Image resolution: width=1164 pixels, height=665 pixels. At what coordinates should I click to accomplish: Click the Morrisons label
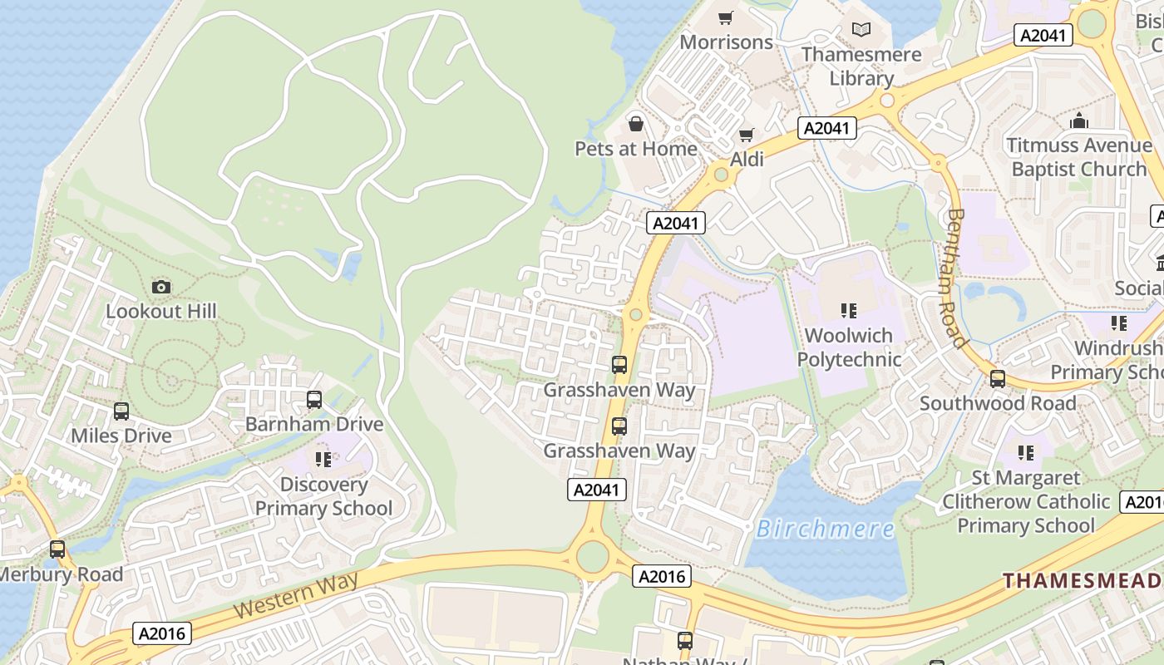click(x=726, y=42)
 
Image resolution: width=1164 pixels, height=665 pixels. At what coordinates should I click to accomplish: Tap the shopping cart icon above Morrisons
click(x=726, y=17)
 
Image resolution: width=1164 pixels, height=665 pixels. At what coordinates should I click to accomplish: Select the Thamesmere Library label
click(x=861, y=66)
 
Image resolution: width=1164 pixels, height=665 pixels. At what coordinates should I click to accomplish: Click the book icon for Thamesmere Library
click(x=861, y=30)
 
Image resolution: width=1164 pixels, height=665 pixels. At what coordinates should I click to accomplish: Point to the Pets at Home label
click(x=636, y=149)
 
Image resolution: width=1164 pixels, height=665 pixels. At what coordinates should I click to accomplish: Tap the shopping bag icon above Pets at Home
click(x=636, y=125)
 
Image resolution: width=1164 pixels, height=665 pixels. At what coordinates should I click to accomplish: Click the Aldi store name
click(x=747, y=159)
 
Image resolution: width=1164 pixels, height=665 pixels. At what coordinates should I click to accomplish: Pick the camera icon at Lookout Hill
click(x=161, y=288)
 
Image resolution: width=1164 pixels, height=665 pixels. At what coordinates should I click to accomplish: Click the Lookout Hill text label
click(x=161, y=312)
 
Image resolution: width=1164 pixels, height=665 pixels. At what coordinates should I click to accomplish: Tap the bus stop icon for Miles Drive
click(x=121, y=411)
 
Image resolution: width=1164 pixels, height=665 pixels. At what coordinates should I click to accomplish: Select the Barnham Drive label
click(x=314, y=424)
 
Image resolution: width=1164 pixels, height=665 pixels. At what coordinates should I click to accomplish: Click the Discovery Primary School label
click(x=323, y=496)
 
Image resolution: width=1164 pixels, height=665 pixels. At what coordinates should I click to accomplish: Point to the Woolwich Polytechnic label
click(x=849, y=347)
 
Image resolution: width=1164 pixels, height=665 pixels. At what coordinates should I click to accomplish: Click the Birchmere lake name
click(x=826, y=529)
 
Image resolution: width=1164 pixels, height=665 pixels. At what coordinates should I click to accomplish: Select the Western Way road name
click(x=295, y=594)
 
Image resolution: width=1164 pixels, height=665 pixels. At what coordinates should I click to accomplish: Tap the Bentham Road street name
click(x=957, y=278)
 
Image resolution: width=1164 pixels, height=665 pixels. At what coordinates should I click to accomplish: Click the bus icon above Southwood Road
click(x=998, y=379)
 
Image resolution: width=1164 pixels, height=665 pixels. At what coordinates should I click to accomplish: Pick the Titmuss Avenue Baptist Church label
click(x=1079, y=157)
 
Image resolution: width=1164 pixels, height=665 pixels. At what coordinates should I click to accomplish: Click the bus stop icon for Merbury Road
click(x=57, y=549)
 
